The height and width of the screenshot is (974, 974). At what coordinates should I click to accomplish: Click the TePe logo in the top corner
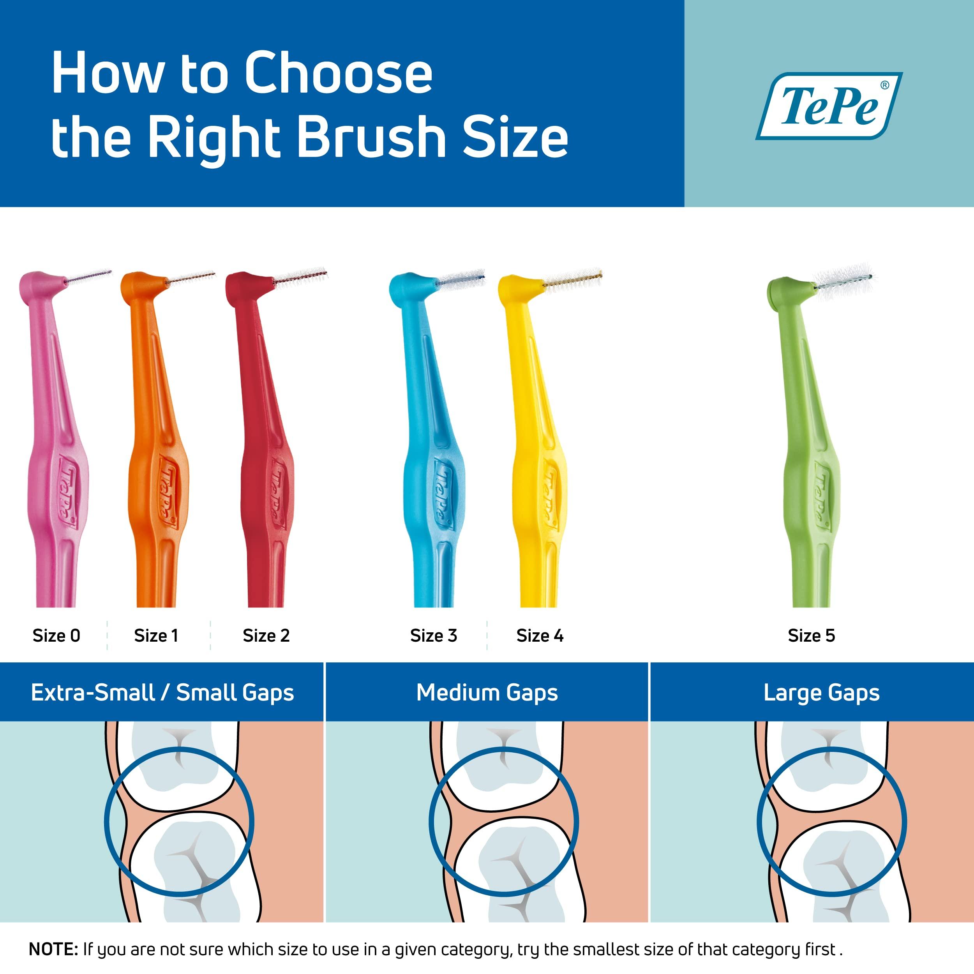[x=828, y=106]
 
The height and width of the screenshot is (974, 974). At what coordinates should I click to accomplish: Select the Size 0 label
[x=56, y=636]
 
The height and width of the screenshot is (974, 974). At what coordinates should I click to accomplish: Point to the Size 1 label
[x=156, y=636]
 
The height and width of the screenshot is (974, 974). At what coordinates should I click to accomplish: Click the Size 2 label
[x=266, y=636]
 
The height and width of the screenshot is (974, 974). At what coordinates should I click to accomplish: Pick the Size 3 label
[x=434, y=636]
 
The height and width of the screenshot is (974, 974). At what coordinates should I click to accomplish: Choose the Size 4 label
[x=540, y=636]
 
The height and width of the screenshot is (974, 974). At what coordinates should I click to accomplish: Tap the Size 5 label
[x=811, y=636]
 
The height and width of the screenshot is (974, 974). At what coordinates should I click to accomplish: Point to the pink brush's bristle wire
[x=90, y=277]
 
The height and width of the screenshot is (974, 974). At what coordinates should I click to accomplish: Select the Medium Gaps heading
[x=487, y=693]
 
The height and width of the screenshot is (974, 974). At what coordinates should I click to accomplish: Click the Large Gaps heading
[x=821, y=693]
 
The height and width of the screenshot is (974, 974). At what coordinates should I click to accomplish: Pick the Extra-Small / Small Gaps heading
[x=162, y=693]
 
